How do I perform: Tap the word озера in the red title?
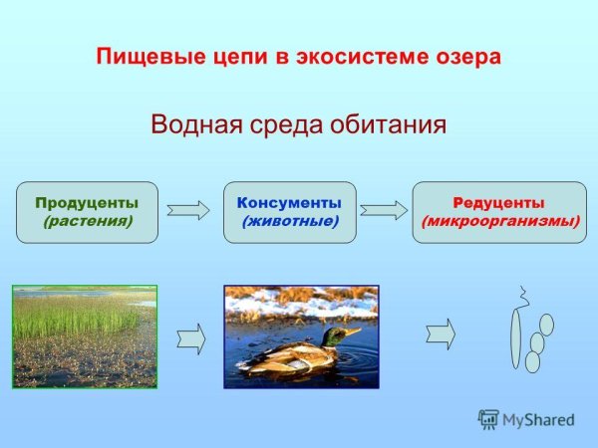[465, 56]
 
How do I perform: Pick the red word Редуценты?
[499, 203]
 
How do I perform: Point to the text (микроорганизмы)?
[499, 221]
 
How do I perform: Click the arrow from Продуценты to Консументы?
[188, 210]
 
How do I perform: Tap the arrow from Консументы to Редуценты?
[384, 210]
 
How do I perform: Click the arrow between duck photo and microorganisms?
[440, 334]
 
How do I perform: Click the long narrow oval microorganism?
[514, 336]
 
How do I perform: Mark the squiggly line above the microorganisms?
[519, 296]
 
